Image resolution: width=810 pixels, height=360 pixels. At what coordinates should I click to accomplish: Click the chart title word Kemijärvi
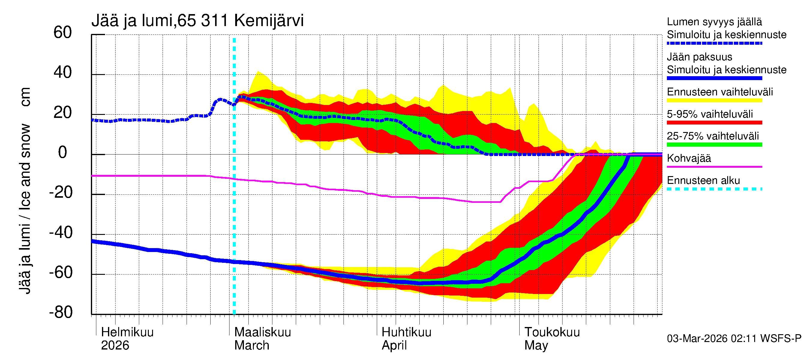click(x=269, y=21)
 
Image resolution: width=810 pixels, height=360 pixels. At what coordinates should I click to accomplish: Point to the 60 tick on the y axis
click(x=63, y=33)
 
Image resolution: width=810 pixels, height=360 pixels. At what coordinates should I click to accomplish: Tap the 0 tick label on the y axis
click(x=63, y=152)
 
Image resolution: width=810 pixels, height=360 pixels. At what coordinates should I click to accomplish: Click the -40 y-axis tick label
click(x=61, y=233)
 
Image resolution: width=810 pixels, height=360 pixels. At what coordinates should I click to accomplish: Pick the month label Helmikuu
click(x=127, y=332)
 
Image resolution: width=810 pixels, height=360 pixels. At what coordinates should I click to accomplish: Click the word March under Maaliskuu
click(x=252, y=345)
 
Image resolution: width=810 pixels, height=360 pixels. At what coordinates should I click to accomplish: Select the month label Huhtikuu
click(x=406, y=332)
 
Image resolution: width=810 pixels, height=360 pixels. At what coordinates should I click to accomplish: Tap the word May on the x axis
click(x=536, y=345)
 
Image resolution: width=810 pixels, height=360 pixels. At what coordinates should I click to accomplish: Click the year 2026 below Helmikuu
click(x=115, y=345)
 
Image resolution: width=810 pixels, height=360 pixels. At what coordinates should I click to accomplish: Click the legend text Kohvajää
click(x=688, y=158)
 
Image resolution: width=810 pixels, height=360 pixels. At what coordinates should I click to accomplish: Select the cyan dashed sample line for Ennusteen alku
click(x=714, y=189)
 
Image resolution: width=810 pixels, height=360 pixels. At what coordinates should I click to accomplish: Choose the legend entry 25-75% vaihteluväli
click(x=712, y=136)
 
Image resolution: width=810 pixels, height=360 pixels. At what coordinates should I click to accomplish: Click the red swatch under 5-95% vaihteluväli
click(x=714, y=123)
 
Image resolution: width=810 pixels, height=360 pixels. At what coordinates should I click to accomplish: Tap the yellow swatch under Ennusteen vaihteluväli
click(x=714, y=100)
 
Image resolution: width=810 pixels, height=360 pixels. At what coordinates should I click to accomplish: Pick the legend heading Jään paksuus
click(x=699, y=57)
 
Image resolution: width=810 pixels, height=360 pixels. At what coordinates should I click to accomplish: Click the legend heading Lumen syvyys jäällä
click(x=714, y=22)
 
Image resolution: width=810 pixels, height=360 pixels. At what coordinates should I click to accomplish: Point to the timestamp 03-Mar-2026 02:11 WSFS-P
click(x=734, y=338)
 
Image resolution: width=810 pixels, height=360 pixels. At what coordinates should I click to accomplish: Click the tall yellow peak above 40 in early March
click(x=259, y=74)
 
